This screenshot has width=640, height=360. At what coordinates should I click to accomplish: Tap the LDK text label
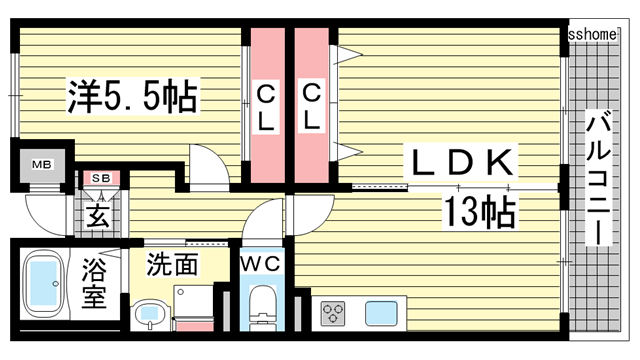[461, 162]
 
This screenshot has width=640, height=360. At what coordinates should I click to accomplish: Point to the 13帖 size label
[480, 211]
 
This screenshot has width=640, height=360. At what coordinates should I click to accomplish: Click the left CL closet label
[267, 107]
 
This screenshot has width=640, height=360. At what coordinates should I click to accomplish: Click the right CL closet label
[312, 107]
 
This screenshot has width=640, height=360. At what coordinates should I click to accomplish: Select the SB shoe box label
[100, 178]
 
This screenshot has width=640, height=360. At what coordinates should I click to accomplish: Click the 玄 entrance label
[98, 213]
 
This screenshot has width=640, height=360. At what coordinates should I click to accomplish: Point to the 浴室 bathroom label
[94, 283]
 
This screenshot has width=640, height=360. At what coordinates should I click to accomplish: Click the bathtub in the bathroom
[42, 284]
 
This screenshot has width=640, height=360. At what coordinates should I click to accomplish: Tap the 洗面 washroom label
[172, 265]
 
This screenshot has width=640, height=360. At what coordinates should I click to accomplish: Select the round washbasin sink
[150, 315]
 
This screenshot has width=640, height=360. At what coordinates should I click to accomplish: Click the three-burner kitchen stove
[333, 314]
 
